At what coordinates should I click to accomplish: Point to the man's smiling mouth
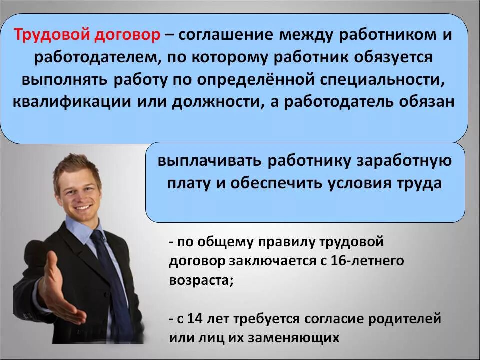[x=83, y=207]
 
